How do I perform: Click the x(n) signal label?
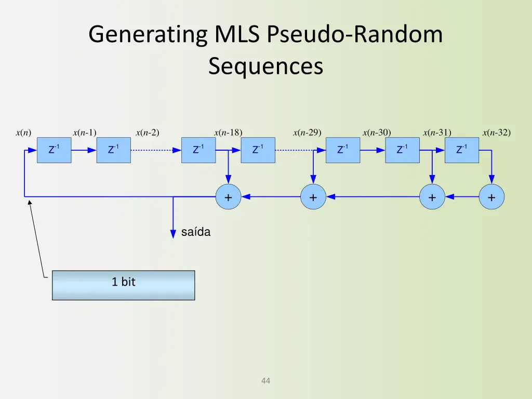click(23, 132)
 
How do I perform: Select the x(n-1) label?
click(85, 132)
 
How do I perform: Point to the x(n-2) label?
click(148, 132)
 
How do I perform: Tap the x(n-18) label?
click(228, 132)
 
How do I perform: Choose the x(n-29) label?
click(307, 132)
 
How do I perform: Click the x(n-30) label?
click(377, 132)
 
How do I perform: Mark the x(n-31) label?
click(437, 132)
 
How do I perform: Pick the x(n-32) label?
click(497, 132)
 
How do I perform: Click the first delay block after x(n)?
click(54, 150)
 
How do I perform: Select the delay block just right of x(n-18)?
click(258, 150)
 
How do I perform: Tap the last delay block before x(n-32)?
click(461, 150)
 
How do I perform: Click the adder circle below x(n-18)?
click(228, 197)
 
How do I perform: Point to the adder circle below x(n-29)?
click(313, 197)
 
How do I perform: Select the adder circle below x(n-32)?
click(491, 197)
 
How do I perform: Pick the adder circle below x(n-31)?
click(432, 197)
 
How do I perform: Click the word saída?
click(196, 232)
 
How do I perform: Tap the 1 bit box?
click(123, 285)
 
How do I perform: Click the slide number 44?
click(265, 381)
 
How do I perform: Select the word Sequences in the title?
click(265, 66)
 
